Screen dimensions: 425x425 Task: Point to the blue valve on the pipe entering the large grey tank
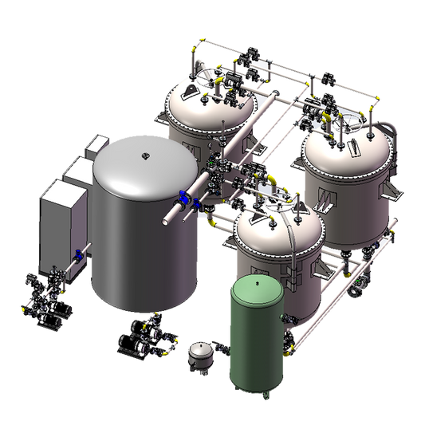tap(184, 199)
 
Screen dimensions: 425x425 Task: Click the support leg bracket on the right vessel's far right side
tap(391, 190)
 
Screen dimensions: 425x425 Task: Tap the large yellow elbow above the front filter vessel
tap(272, 182)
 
